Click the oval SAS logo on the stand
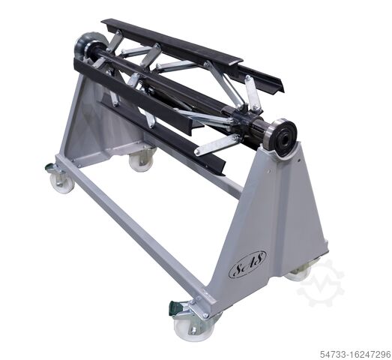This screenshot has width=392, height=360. pyautogui.click(x=247, y=264)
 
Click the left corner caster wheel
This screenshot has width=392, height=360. pyautogui.click(x=61, y=182)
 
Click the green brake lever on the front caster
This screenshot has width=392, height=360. pyautogui.click(x=175, y=307)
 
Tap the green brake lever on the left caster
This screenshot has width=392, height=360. pyautogui.click(x=49, y=167)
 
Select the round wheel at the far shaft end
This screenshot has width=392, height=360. pyautogui.click(x=88, y=46)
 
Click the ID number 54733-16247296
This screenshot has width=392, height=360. pyautogui.click(x=355, y=354)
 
